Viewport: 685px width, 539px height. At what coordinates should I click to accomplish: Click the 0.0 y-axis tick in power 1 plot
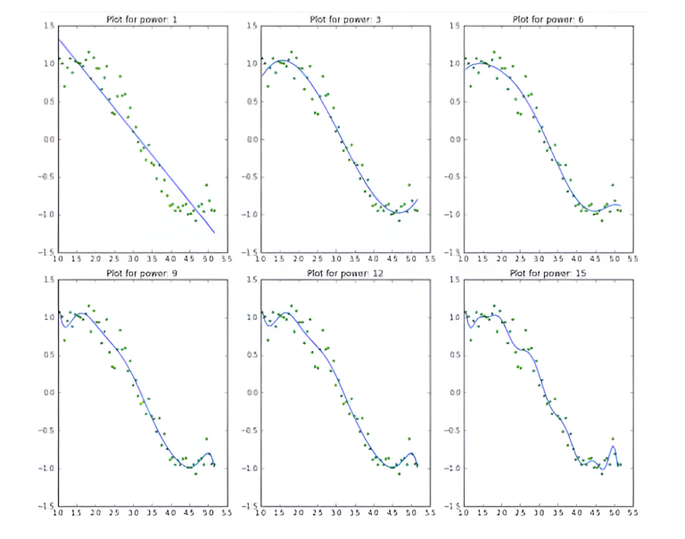click(x=47, y=140)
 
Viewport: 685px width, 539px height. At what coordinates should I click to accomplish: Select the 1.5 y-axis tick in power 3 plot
click(x=251, y=27)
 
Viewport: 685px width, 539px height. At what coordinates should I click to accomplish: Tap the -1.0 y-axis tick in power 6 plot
click(x=452, y=216)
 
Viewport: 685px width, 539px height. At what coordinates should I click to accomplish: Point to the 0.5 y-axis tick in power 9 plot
click(x=47, y=355)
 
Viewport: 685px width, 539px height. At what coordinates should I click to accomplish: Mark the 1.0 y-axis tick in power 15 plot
click(x=453, y=317)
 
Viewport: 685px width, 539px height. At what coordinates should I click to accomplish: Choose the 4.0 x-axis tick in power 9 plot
click(x=171, y=514)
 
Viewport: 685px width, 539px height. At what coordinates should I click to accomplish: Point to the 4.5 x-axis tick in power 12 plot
click(x=392, y=514)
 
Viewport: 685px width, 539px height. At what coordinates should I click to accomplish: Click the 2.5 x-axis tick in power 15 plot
click(x=519, y=514)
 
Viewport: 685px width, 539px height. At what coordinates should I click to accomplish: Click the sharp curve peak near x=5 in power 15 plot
click(x=613, y=445)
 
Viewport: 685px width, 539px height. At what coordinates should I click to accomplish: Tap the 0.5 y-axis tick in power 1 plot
click(x=47, y=102)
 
